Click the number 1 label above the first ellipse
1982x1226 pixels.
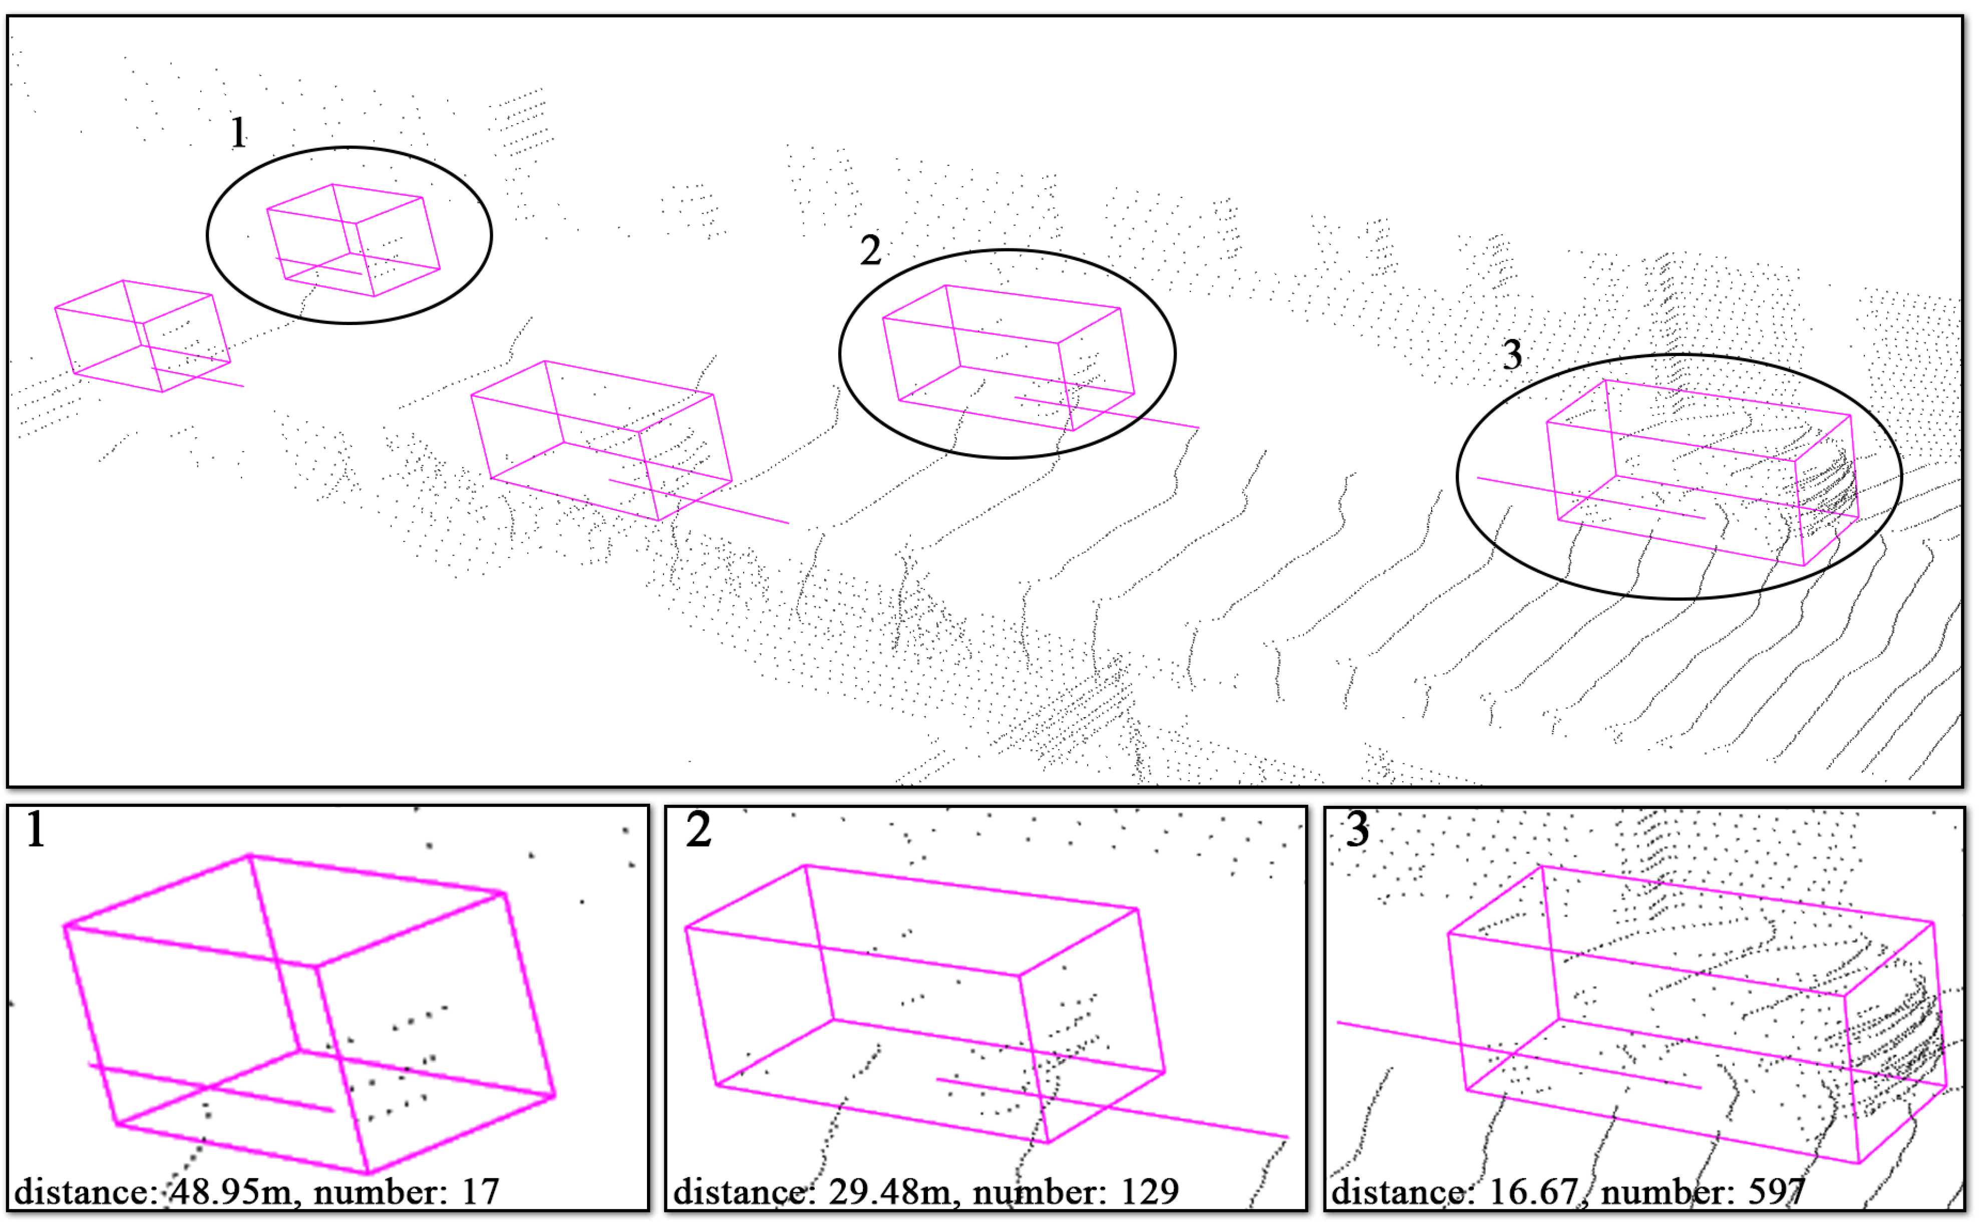tap(237, 132)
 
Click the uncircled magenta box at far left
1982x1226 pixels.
tap(142, 337)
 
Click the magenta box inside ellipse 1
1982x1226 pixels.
tap(354, 241)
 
